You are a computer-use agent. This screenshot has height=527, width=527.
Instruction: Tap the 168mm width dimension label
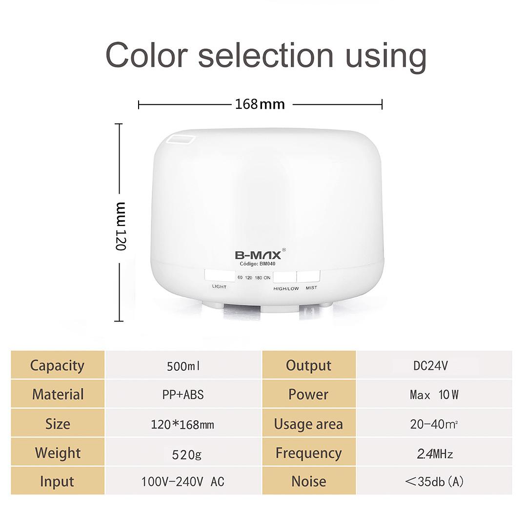(260, 104)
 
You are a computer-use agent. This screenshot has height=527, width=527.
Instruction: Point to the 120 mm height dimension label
(121, 226)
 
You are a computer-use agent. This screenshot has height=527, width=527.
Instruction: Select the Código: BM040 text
(258, 264)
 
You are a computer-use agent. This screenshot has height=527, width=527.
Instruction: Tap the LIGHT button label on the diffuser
(219, 287)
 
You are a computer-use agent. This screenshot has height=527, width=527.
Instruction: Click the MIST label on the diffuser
(311, 288)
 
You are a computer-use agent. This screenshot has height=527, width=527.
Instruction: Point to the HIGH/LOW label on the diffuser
(286, 289)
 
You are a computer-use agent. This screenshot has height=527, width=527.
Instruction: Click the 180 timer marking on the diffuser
(259, 278)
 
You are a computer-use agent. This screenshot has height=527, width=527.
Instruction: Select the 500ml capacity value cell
(183, 366)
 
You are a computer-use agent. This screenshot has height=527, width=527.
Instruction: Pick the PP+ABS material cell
(183, 395)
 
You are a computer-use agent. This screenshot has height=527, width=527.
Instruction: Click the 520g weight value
(186, 454)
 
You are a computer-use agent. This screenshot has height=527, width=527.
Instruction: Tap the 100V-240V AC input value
(182, 482)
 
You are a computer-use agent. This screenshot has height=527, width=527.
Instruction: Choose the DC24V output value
(430, 365)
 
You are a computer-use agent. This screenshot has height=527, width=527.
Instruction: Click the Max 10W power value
(434, 395)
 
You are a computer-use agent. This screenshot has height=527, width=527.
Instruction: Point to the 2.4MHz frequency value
(435, 454)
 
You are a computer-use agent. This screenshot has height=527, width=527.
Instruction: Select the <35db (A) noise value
(434, 482)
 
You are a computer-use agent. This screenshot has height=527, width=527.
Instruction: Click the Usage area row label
(308, 424)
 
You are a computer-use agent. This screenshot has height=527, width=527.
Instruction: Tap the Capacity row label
(57, 366)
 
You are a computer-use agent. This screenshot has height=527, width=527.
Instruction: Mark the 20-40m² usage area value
(434, 425)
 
